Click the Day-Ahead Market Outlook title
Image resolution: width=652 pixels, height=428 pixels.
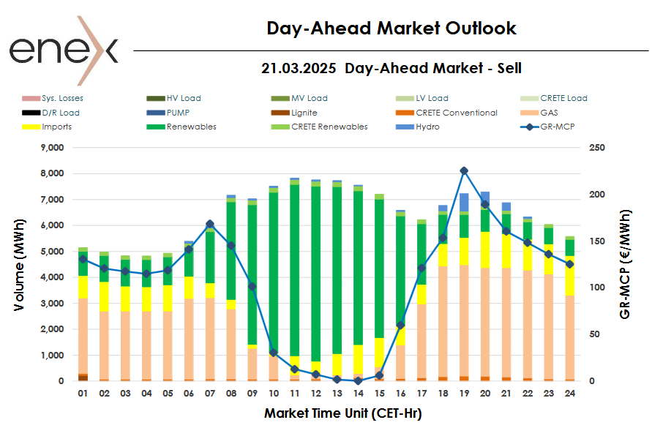391,29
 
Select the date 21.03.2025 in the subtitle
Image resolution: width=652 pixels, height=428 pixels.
299,68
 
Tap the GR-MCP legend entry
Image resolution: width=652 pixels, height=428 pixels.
552,127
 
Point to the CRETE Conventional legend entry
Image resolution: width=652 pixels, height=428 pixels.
456,113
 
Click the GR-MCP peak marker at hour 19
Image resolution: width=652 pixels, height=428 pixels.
464,170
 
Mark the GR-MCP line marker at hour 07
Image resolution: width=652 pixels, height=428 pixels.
210,224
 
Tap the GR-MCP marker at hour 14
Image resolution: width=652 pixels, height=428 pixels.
358,380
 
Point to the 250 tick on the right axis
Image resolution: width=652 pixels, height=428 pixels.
597,148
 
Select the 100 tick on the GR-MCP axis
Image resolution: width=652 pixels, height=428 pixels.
597,288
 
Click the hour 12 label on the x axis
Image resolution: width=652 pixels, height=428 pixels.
315,394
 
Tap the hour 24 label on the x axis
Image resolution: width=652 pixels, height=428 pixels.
569,394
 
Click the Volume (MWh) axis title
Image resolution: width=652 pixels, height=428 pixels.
20,265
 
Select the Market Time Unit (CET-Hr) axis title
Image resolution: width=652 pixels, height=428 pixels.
342,413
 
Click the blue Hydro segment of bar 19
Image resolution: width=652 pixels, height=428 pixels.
464,202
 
